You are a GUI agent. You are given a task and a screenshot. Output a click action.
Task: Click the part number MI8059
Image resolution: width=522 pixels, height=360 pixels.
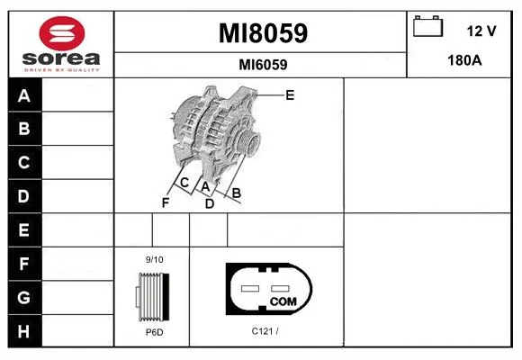coord(263,33)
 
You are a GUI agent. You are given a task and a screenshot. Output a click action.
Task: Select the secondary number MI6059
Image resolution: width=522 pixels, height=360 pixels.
coord(263,65)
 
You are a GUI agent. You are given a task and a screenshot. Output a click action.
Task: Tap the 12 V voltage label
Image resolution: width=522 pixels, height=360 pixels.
coord(481,31)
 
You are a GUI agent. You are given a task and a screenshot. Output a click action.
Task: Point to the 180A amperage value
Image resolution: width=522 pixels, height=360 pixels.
coord(464,60)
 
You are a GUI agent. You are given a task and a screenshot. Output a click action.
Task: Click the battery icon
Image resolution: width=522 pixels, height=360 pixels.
coord(427,26)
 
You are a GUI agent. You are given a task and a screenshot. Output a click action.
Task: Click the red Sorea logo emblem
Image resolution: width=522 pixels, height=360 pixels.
coord(62,33)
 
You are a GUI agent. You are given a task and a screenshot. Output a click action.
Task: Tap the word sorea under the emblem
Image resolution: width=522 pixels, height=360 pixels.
coord(61,58)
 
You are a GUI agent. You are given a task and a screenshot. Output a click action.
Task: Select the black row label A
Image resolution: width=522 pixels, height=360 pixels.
coord(24,95)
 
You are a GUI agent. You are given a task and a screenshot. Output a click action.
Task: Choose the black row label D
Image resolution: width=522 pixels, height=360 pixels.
coord(23,196)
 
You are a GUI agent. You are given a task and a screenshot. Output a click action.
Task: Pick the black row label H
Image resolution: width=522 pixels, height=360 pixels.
coord(23,331)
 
